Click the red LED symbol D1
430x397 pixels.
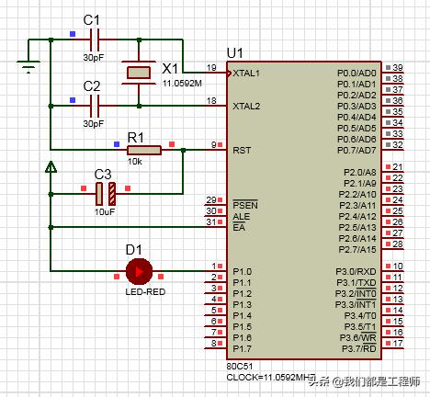tap(139, 271)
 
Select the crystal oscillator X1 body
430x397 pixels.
tap(139, 73)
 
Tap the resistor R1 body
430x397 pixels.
tap(144, 150)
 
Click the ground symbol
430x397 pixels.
tap(28, 67)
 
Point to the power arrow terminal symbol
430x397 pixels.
tap(51, 167)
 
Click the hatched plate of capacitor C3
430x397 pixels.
tap(112, 194)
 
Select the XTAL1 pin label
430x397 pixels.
tap(246, 74)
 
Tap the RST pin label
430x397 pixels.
tap(242, 151)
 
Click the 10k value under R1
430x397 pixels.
tap(135, 162)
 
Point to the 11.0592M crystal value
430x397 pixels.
tap(182, 84)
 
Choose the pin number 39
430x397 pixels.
tap(398, 68)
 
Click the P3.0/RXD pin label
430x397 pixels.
tap(356, 272)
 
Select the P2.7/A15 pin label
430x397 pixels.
tap(357, 250)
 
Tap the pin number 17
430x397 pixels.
tap(398, 344)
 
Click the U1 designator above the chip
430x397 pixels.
tap(234, 53)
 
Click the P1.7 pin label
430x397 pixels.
tap(242, 349)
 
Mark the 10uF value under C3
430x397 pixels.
tap(105, 212)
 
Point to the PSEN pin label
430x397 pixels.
tap(245, 205)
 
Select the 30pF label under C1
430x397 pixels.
tap(94, 58)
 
